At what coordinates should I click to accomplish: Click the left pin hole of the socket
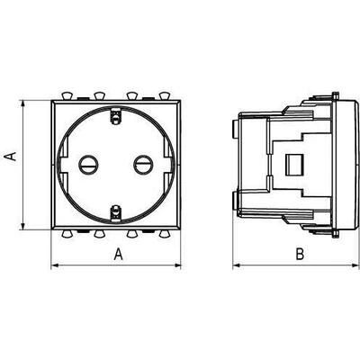(88, 165)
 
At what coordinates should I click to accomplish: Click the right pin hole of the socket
(143, 165)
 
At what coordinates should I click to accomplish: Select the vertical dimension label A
(11, 157)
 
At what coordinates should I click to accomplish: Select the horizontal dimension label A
(119, 255)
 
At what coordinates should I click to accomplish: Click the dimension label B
(300, 255)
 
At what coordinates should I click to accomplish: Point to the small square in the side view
(294, 165)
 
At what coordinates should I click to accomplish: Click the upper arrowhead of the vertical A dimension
(22, 104)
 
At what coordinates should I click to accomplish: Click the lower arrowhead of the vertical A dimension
(22, 226)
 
